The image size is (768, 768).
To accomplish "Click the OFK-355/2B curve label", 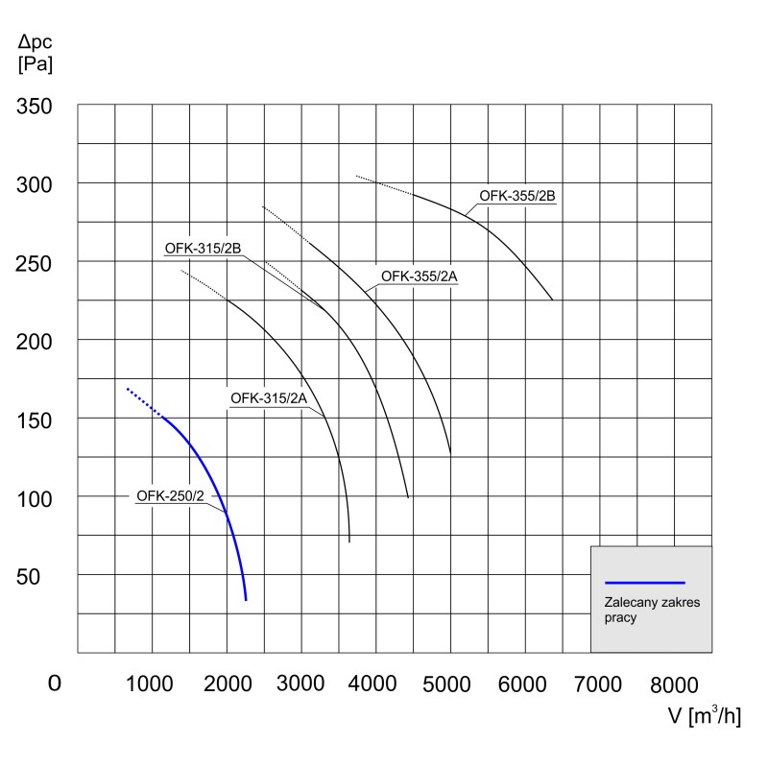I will pyautogui.click(x=518, y=196).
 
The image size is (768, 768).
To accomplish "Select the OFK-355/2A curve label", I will pyautogui.click(x=420, y=276).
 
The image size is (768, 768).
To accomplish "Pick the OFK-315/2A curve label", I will pyautogui.click(x=268, y=398).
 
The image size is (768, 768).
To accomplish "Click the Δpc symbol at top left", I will pyautogui.click(x=36, y=43).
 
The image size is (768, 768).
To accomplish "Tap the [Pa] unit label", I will pyautogui.click(x=36, y=66).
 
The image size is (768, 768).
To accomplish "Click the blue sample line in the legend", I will pyautogui.click(x=644, y=583).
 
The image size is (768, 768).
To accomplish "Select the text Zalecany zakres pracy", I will pyautogui.click(x=638, y=611).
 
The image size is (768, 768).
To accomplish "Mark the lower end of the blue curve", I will pyautogui.click(x=246, y=599).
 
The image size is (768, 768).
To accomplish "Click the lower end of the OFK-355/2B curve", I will pyautogui.click(x=552, y=300).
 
